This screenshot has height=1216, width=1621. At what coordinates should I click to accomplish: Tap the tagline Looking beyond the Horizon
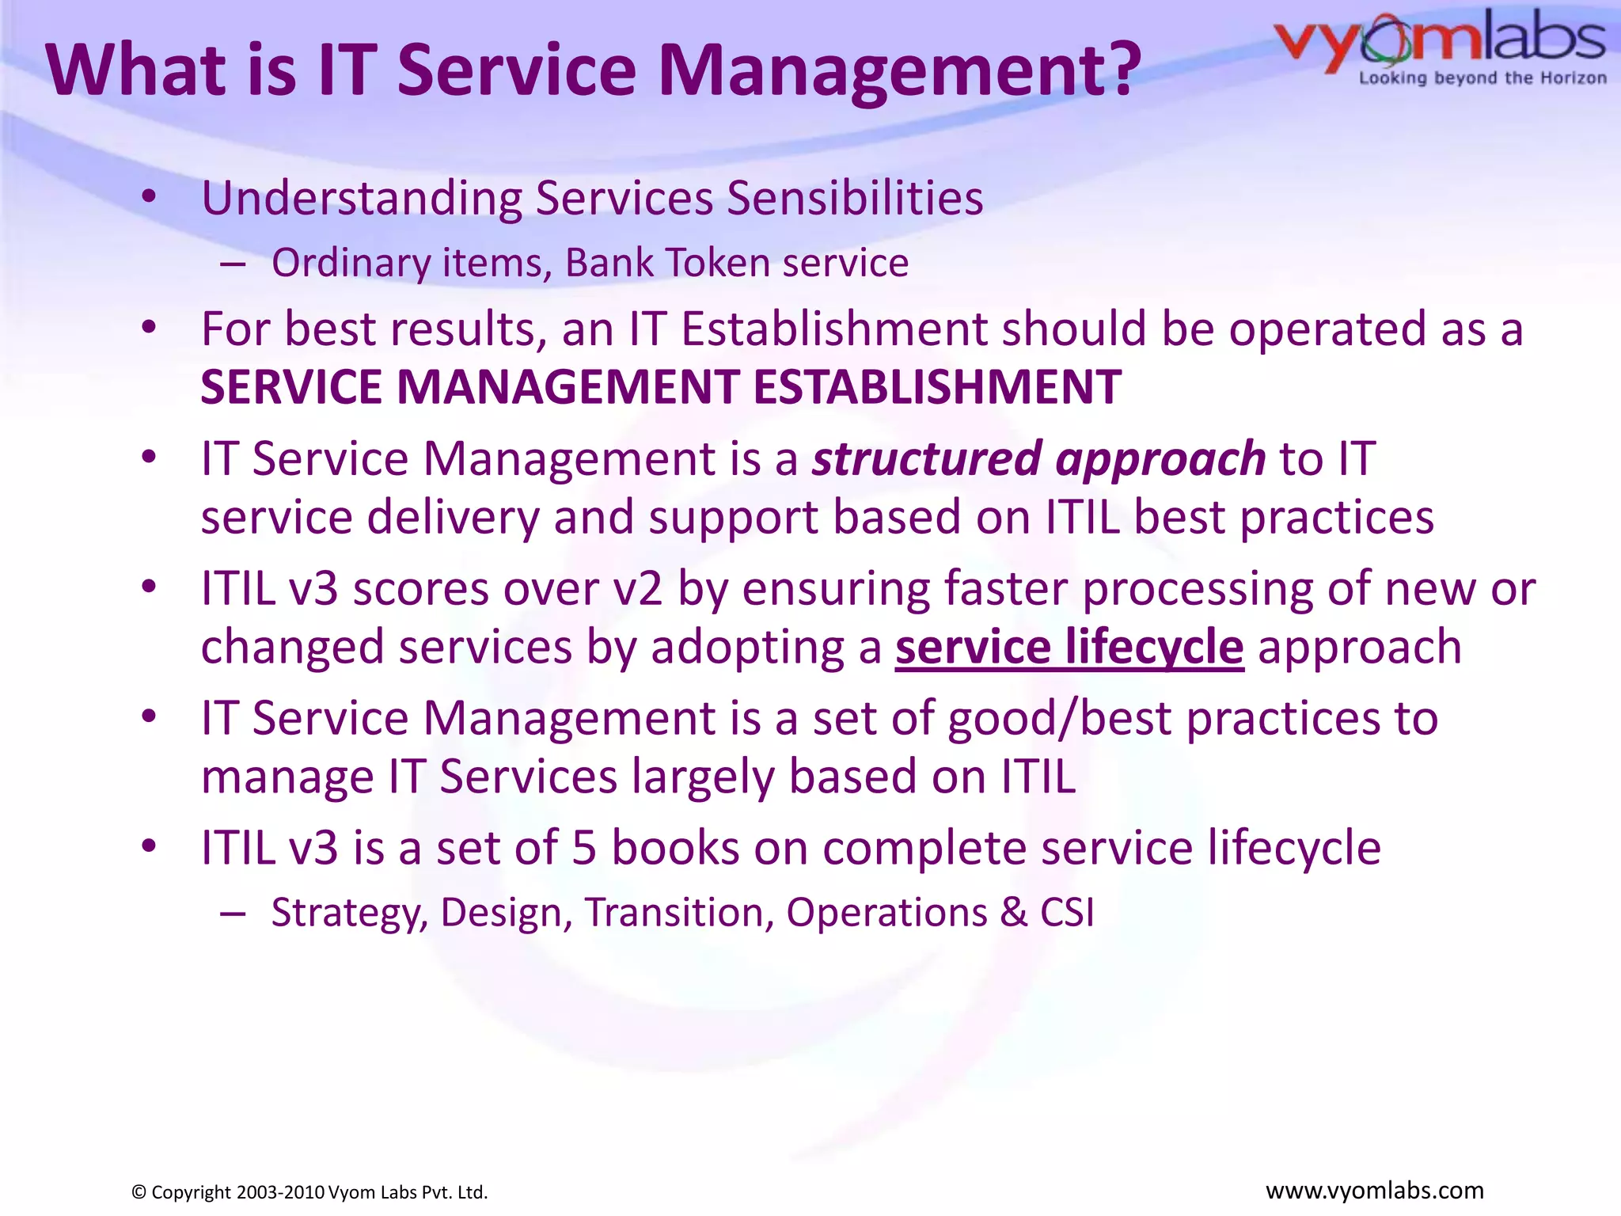[1482, 78]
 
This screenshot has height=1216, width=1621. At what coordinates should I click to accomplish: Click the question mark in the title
[1118, 69]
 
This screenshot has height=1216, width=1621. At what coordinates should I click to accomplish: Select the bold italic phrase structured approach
[1039, 458]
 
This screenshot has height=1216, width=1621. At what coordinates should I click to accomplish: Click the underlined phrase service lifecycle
[1069, 647]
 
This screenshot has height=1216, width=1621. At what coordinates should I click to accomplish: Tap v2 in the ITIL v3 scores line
[638, 590]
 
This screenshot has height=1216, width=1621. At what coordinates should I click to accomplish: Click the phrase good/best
[1059, 719]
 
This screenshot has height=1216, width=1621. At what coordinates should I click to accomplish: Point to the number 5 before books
[584, 848]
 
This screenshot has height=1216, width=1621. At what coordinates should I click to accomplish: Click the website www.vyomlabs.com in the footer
[1375, 1191]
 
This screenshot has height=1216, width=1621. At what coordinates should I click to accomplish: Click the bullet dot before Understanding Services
[149, 198]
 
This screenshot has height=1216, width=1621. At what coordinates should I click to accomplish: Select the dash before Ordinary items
[233, 264]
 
